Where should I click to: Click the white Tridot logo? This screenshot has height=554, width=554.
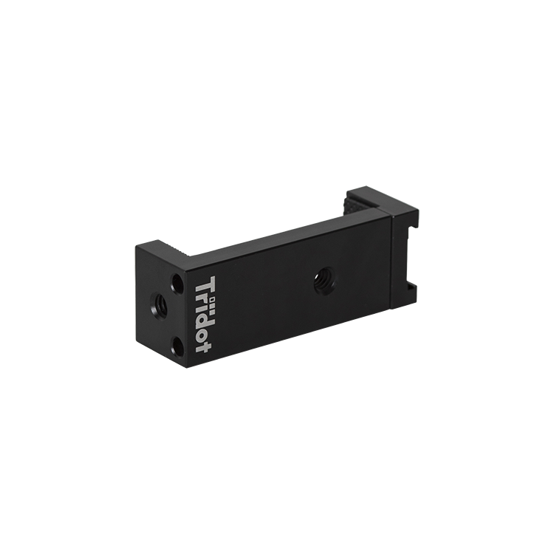(x=204, y=314)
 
